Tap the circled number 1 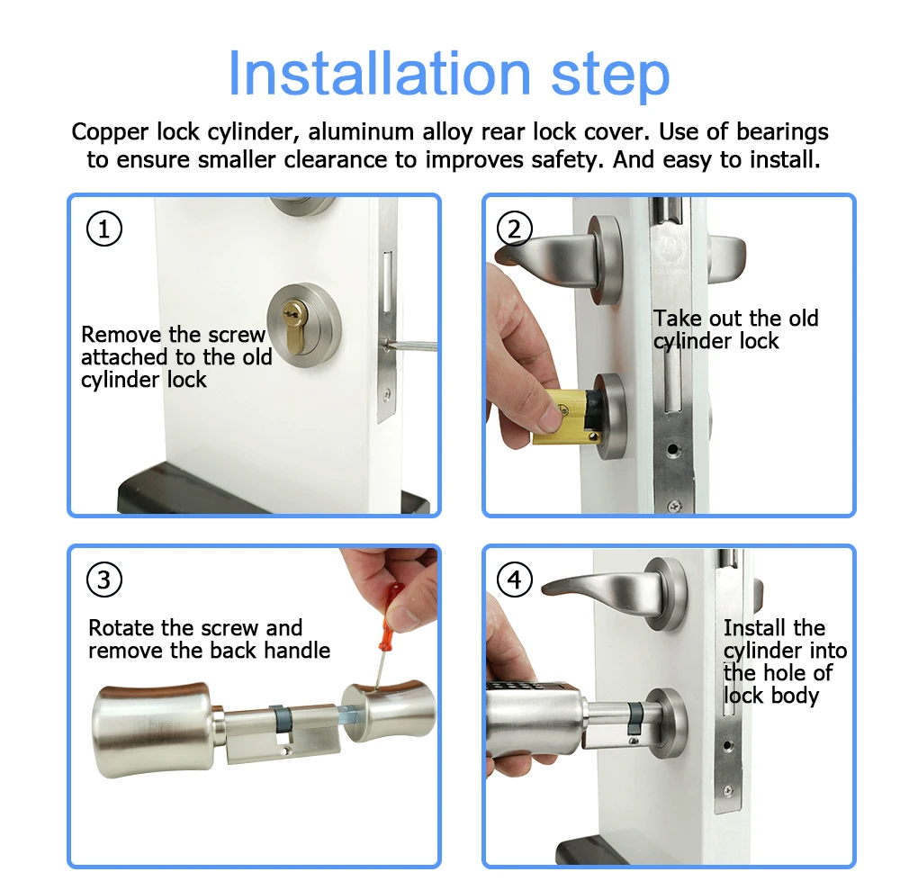pos(103,229)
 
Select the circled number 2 pos(514,229)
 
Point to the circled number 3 pos(103,580)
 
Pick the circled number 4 pos(514,580)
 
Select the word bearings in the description pos(782,132)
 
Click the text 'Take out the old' pos(735,319)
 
